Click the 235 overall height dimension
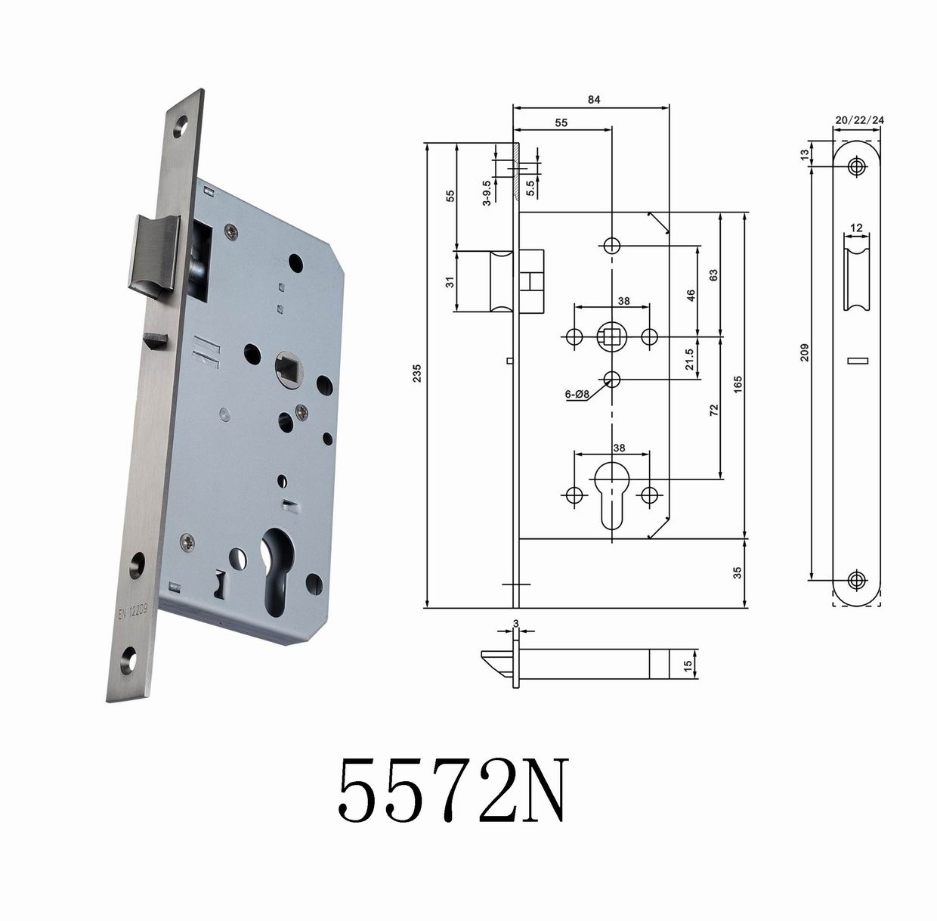(x=416, y=374)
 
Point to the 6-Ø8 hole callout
(x=577, y=394)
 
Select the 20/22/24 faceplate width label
(x=859, y=120)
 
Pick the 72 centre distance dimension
(x=714, y=411)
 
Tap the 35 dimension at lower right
(x=738, y=572)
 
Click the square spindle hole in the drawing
(x=611, y=335)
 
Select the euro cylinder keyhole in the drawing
(x=611, y=495)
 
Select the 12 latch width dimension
(x=856, y=228)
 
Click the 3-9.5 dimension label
(x=487, y=192)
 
